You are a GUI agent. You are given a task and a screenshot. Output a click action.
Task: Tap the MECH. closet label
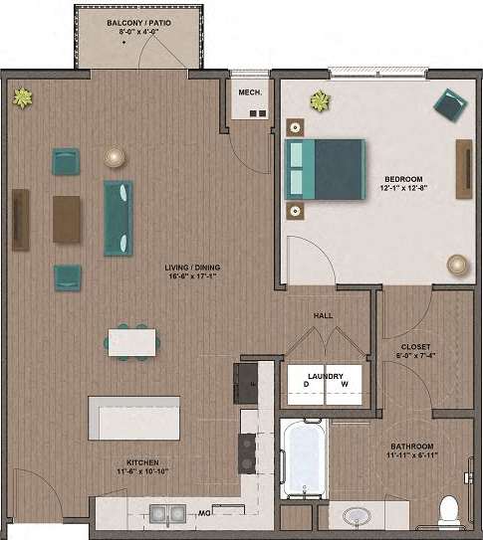point(250,92)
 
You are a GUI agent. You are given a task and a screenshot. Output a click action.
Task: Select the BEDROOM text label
point(401,179)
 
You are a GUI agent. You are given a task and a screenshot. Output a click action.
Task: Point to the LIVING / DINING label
point(193,268)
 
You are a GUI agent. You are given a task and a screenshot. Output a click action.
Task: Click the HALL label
point(323,315)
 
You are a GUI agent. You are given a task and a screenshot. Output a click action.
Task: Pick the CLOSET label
point(415,347)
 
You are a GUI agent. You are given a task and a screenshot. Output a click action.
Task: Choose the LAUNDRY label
point(326,375)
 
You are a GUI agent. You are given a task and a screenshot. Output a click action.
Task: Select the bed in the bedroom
point(325,169)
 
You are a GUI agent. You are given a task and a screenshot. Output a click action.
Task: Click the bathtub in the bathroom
point(303,458)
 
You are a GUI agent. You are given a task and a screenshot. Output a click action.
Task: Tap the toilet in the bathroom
point(449,510)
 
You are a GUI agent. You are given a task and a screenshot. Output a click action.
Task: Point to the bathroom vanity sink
point(356,516)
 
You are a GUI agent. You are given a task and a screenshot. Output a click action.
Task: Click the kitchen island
point(134,418)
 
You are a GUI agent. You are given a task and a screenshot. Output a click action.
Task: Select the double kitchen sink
point(167,513)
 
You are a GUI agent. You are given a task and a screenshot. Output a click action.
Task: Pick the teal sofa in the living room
point(119,218)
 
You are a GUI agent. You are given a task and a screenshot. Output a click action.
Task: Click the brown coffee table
point(67,219)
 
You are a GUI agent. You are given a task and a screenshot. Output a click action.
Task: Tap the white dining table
point(131,342)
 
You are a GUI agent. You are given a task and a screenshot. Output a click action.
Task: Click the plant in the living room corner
point(22,96)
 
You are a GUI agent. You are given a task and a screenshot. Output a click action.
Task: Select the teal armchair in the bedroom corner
point(449,104)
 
